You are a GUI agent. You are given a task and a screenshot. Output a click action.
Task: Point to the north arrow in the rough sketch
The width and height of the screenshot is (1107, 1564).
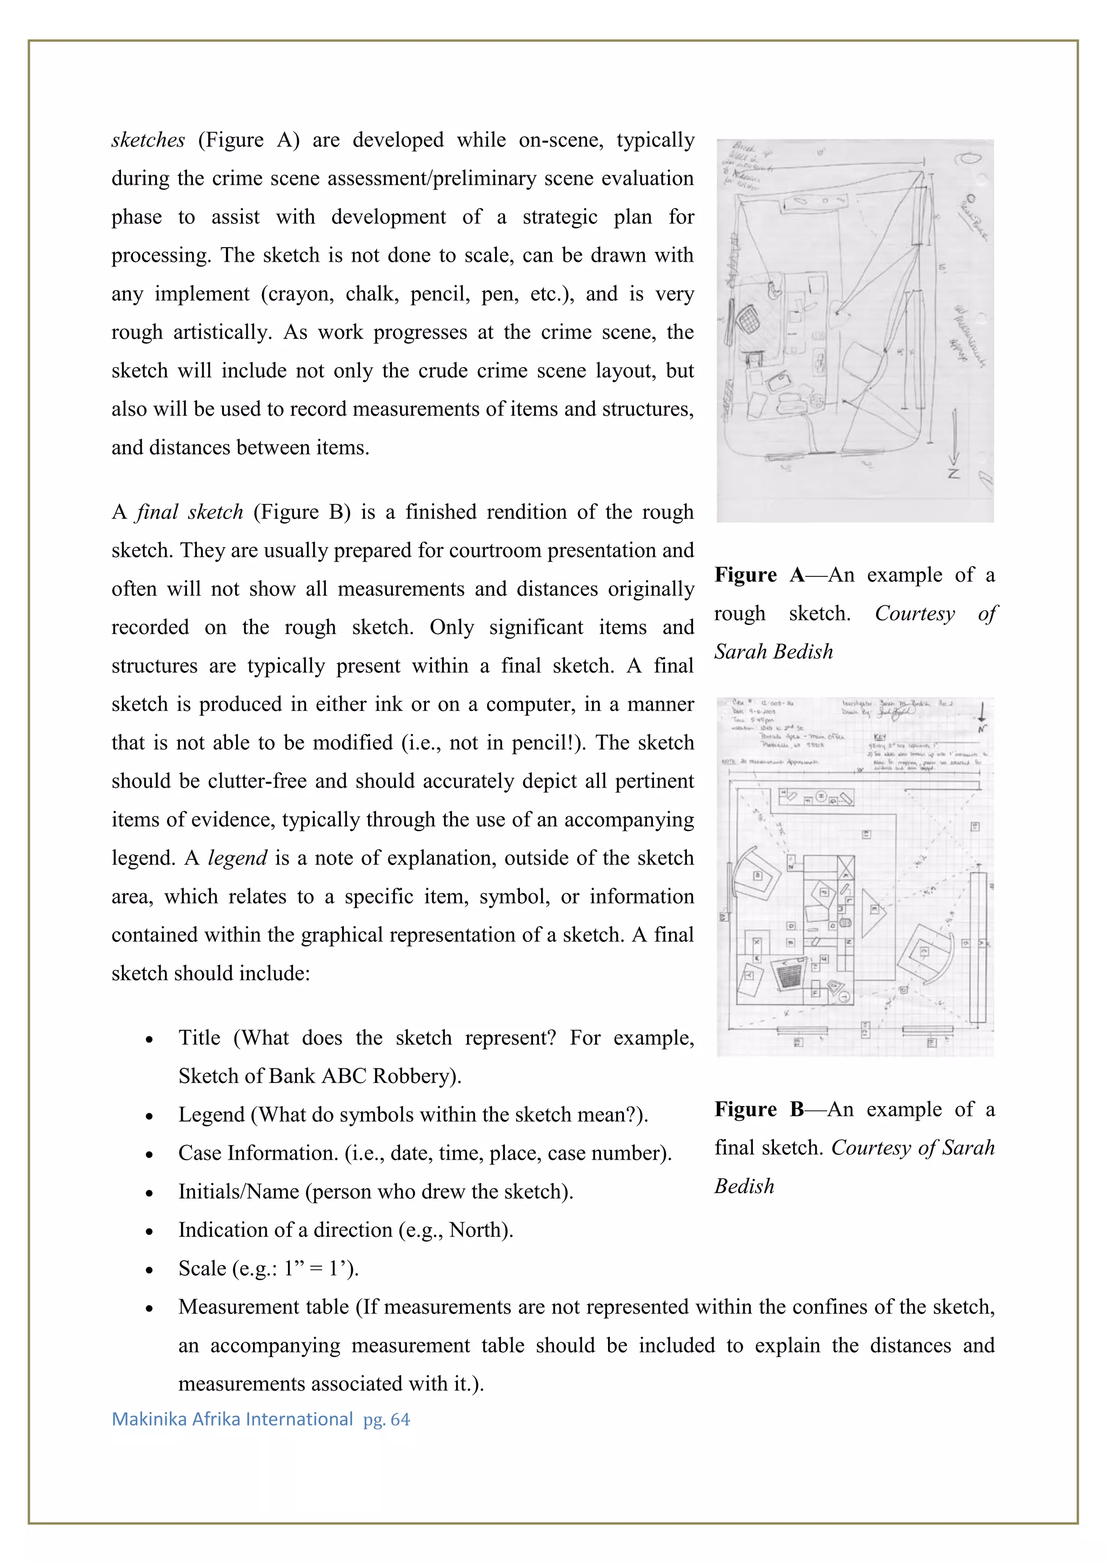[955, 443]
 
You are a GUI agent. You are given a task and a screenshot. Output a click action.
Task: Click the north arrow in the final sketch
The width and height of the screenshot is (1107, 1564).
[982, 716]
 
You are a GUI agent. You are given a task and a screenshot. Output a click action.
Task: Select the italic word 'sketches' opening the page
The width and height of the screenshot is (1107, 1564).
[148, 140]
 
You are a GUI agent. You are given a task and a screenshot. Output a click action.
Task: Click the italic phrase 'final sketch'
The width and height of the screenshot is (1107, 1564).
[190, 512]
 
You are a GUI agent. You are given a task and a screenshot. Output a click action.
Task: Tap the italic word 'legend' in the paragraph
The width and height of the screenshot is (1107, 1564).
[237, 857]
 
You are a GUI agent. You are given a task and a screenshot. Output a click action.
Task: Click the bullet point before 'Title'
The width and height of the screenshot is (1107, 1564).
[149, 1040]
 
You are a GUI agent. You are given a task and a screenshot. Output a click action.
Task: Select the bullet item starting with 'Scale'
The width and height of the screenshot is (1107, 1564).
[268, 1268]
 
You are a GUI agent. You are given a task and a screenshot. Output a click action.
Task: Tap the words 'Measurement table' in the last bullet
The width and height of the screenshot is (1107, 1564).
[263, 1307]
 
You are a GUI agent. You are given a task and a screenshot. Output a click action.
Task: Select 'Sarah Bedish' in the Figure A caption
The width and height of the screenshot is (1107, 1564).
[773, 652]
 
